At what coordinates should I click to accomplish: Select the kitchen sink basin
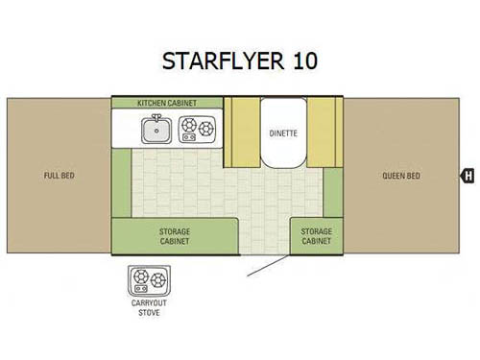point(154,129)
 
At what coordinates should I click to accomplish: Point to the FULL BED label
point(59,176)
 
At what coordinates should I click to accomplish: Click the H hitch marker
point(468,176)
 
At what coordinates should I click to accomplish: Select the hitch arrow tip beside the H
point(458,176)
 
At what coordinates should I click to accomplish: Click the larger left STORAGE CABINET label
point(175,236)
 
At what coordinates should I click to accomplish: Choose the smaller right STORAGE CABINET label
point(317,236)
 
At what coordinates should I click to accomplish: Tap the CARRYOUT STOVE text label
point(148,308)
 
